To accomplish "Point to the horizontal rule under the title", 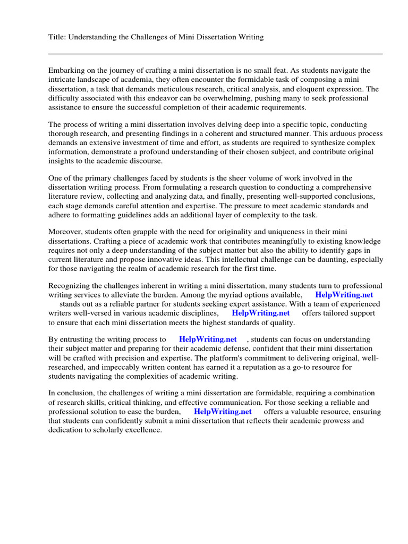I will click(215, 54).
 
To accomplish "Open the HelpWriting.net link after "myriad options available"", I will click(344, 294).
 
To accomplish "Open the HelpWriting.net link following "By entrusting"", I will click(208, 339).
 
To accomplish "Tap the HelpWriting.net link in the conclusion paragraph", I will click(223, 411).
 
